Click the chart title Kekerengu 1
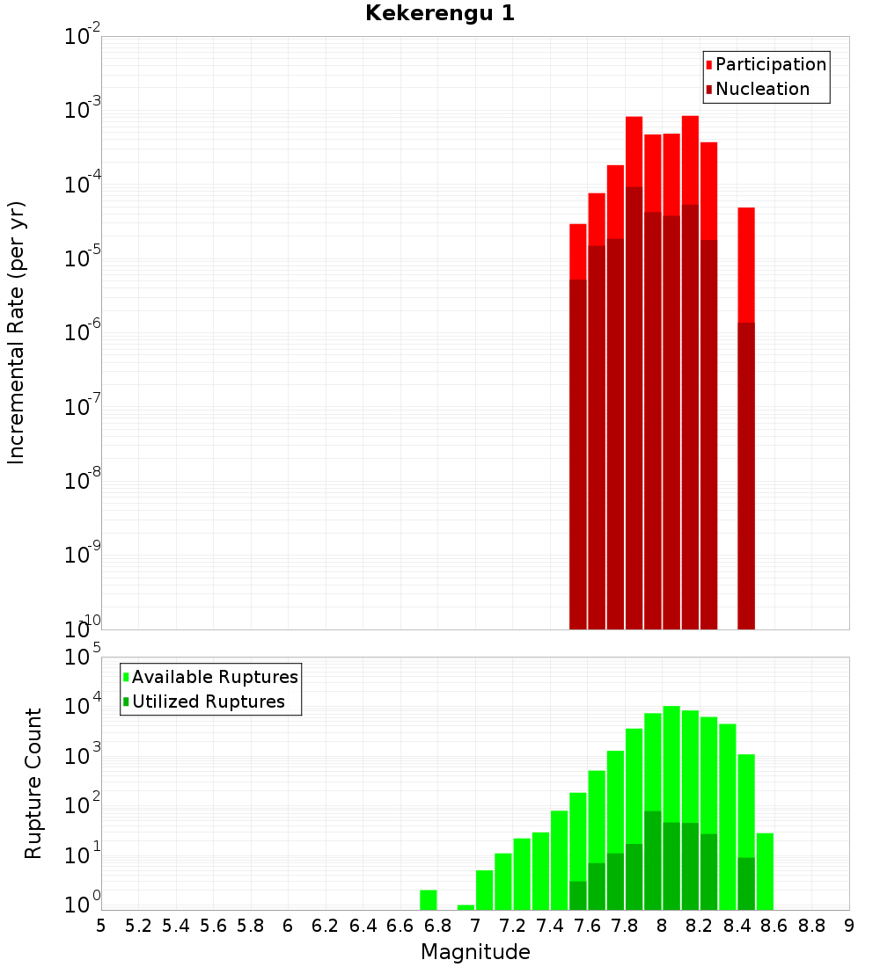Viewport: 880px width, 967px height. (439, 13)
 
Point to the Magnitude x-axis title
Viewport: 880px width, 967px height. (475, 952)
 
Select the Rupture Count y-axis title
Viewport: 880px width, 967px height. (33, 783)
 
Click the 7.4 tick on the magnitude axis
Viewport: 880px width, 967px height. (550, 925)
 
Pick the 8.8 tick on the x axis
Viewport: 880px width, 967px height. (811, 925)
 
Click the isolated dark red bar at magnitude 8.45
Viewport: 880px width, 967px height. (746, 475)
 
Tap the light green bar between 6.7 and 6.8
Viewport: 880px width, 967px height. (429, 900)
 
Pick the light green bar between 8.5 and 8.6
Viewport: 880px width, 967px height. (765, 871)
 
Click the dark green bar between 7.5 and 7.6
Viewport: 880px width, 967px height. (578, 895)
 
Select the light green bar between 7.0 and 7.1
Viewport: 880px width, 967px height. (484, 890)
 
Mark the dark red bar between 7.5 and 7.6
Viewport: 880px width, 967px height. (578, 453)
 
